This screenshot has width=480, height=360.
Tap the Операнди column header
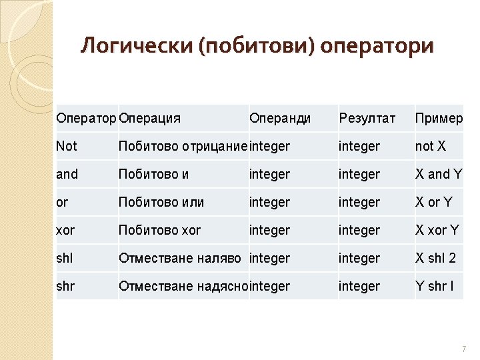[x=280, y=118]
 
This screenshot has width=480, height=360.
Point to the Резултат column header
[x=367, y=118]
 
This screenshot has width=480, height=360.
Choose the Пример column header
[x=439, y=118]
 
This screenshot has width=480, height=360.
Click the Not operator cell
[x=67, y=146]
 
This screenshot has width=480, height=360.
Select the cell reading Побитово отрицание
[x=183, y=146]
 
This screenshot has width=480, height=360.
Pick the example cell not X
[x=431, y=146]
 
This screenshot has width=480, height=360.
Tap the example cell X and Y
[x=439, y=174]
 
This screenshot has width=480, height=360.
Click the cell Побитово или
[x=161, y=202]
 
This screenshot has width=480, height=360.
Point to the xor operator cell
[x=65, y=230]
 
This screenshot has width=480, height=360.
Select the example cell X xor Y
[x=437, y=230]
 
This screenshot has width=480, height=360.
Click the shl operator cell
[x=65, y=258]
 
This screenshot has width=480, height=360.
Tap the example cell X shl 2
[x=435, y=258]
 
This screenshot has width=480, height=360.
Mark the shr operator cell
[x=65, y=286]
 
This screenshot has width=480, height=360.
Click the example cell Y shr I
[x=434, y=286]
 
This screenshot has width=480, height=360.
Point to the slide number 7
[x=463, y=349]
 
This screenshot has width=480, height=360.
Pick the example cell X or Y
[x=434, y=202]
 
